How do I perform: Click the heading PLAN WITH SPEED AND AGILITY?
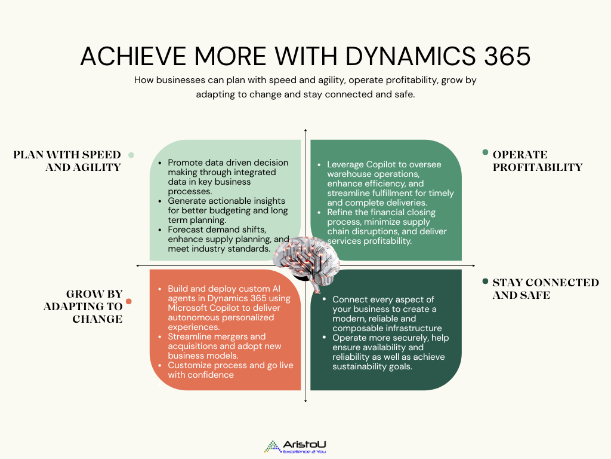(x=67, y=161)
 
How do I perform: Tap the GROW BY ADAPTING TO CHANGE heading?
(x=83, y=307)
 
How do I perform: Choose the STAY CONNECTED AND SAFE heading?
(x=545, y=289)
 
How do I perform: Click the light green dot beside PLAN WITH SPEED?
(x=131, y=155)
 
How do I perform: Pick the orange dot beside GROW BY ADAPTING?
(x=129, y=301)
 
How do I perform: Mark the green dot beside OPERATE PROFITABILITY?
(x=485, y=152)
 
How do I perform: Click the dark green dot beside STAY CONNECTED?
(x=485, y=282)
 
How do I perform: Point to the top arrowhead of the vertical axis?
(x=305, y=130)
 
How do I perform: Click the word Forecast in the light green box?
(x=187, y=229)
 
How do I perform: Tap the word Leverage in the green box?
(x=347, y=164)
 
